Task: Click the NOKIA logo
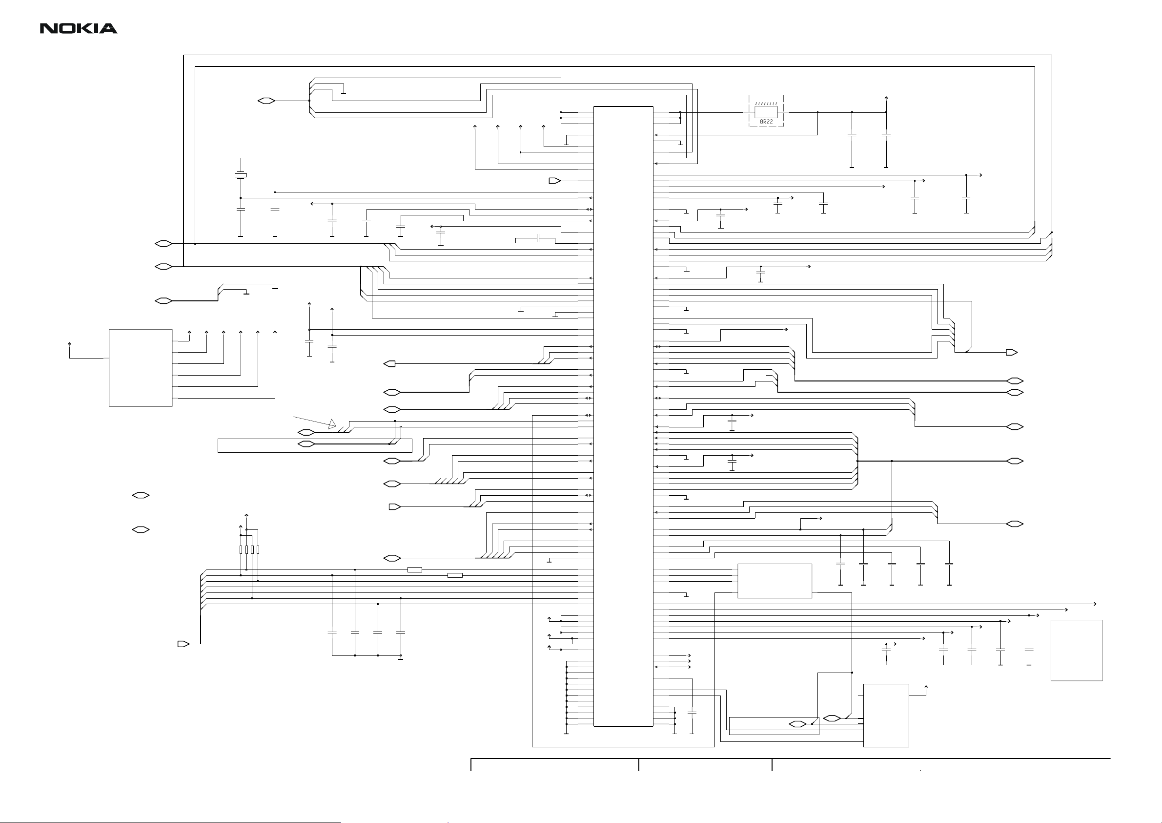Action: (x=79, y=29)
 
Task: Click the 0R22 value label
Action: (x=766, y=122)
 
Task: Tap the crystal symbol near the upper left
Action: (x=241, y=176)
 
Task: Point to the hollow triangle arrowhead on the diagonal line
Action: (x=332, y=423)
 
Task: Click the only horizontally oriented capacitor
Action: (x=538, y=238)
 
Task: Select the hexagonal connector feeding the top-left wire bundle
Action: (x=266, y=101)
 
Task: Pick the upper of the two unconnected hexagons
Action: (x=141, y=495)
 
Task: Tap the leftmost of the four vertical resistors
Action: (x=241, y=550)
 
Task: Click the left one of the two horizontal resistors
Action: (x=415, y=570)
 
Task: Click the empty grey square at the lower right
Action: (x=1077, y=650)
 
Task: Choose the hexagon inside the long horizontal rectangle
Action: (x=306, y=444)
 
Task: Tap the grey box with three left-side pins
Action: (x=774, y=581)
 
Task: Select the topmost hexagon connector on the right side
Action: (x=1015, y=380)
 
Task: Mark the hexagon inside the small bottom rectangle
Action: (x=797, y=724)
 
